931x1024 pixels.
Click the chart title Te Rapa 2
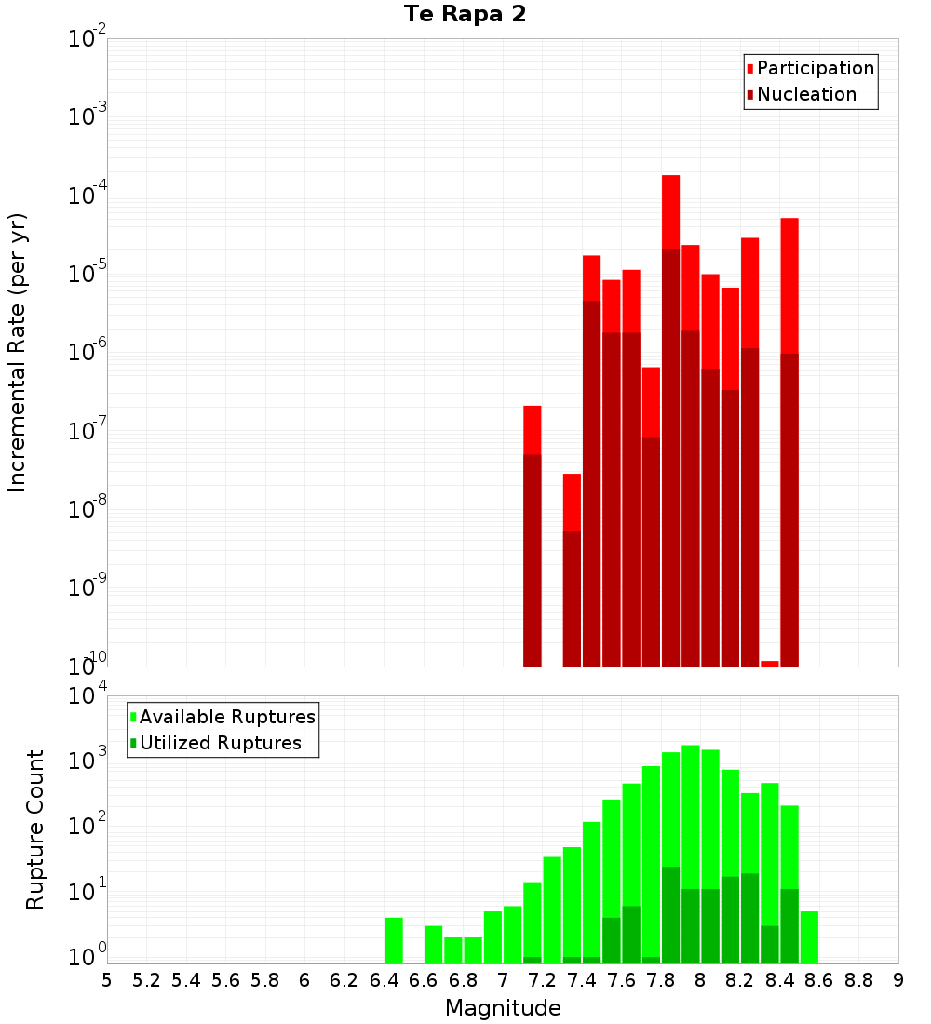click(465, 15)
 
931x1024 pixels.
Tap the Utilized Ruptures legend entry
click(220, 743)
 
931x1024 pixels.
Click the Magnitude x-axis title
click(503, 1008)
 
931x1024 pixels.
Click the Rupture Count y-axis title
click(35, 829)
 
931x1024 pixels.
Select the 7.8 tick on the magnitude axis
click(661, 980)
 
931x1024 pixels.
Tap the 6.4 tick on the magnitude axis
click(384, 980)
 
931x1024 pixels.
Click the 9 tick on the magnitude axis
click(898, 980)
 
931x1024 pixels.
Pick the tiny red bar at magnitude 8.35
click(770, 664)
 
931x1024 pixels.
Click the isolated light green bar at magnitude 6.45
click(394, 940)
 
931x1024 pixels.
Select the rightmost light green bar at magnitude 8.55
click(809, 937)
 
